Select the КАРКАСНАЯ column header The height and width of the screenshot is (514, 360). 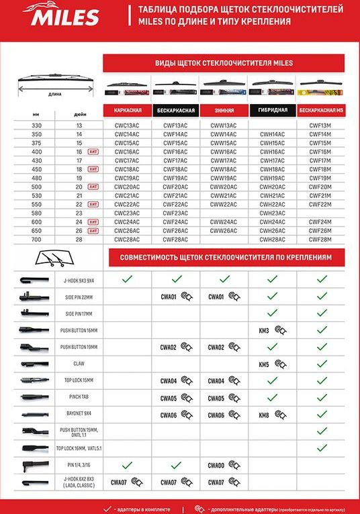click(127, 110)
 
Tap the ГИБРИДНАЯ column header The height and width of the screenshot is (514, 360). click(272, 110)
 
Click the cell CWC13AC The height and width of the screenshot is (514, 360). click(127, 125)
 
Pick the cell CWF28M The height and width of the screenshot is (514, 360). click(320, 239)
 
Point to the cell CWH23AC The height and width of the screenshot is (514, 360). click(272, 213)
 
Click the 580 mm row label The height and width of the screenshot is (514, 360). click(36, 213)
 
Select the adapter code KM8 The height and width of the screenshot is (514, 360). click(264, 415)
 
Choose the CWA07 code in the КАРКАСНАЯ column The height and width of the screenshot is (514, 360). click(119, 482)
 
